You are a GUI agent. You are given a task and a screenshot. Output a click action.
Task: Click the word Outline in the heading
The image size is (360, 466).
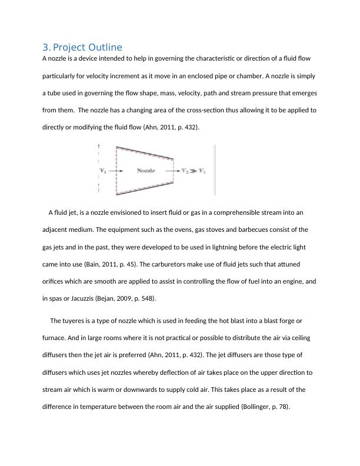pyautogui.click(x=102, y=47)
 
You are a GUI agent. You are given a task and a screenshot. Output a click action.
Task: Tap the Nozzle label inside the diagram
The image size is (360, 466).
pyautogui.click(x=146, y=171)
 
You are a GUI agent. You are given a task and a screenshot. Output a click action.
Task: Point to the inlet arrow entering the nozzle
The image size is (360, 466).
pyautogui.click(x=116, y=171)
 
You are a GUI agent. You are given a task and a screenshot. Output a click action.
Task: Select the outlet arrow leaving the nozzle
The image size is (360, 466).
pyautogui.click(x=174, y=171)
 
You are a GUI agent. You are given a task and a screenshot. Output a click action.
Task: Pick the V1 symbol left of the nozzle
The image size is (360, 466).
pyautogui.click(x=104, y=171)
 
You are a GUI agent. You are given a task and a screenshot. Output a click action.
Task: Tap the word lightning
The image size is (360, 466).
pyautogui.click(x=205, y=247)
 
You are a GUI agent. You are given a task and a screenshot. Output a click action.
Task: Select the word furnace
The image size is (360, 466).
pyautogui.click(x=55, y=338)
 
